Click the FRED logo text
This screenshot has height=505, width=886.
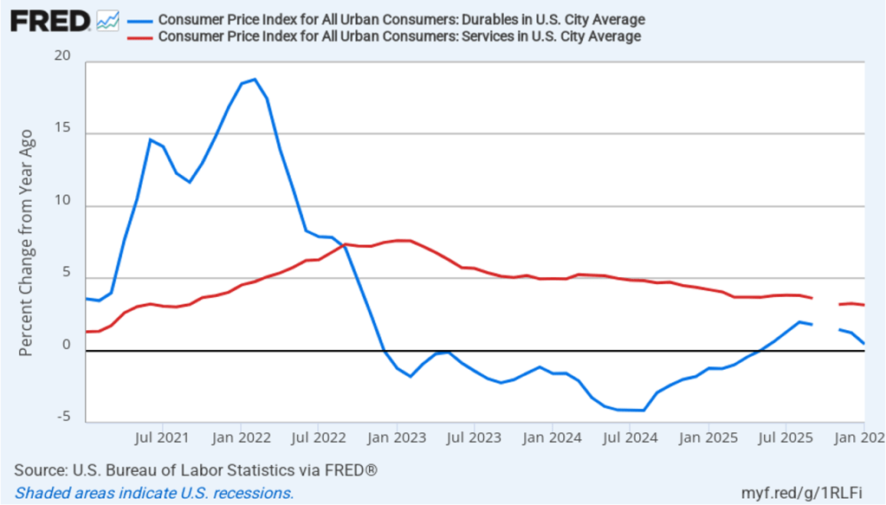point(50,20)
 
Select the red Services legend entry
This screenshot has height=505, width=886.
point(399,36)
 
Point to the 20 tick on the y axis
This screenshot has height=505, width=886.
point(61,56)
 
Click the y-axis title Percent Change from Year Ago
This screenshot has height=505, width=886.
point(27,243)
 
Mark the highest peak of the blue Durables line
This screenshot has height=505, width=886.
point(254,80)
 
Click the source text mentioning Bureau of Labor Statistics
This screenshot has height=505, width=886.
point(196,470)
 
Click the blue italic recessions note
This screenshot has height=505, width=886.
point(154,493)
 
